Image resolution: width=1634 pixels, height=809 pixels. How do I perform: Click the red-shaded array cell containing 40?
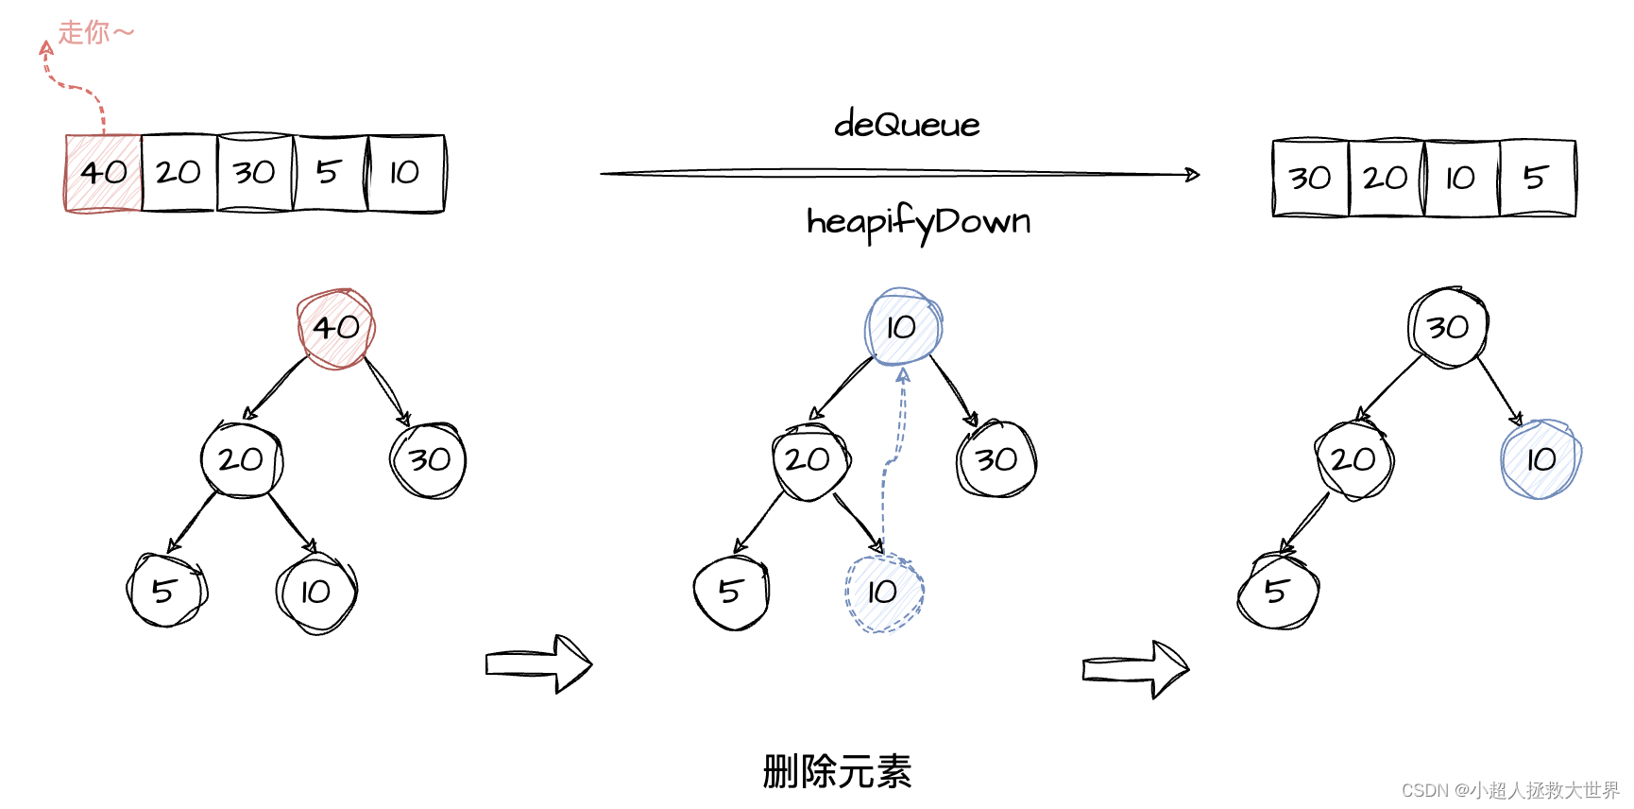104,173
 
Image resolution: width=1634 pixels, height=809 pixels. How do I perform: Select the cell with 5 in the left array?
330,173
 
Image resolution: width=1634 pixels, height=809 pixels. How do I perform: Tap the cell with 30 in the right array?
1310,178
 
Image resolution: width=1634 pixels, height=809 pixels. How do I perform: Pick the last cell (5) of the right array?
1537,178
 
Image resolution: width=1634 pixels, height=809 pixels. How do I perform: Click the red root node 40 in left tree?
336,328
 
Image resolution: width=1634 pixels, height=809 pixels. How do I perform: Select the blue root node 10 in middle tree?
903,327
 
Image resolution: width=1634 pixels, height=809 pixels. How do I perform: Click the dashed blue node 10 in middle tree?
884,593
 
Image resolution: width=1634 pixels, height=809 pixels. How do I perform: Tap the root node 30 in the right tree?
1448,327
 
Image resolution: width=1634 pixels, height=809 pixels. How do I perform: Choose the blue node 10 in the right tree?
1540,460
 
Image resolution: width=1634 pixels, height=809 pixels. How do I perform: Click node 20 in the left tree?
241,460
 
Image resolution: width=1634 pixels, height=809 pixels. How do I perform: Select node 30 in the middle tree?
996,460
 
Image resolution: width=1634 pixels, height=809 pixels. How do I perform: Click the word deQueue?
907,125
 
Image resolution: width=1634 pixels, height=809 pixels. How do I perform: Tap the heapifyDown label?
918,222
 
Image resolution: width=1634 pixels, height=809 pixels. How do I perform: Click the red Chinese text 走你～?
95,32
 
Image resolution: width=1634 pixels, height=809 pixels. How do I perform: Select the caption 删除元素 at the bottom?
837,771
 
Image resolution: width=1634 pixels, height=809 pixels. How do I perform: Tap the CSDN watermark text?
1509,790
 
